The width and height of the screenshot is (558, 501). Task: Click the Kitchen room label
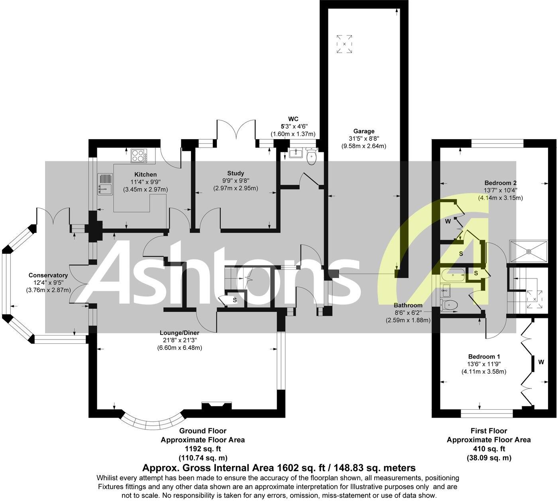145,175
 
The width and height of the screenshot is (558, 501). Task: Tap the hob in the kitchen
139,156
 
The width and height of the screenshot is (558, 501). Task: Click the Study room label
236,173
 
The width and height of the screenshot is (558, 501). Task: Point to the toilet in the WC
311,157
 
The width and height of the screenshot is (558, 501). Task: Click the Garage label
363,131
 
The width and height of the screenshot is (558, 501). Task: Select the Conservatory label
48,275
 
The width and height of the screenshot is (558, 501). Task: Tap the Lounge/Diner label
179,333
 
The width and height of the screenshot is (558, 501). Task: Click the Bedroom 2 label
500,183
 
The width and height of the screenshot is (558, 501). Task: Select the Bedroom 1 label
484,357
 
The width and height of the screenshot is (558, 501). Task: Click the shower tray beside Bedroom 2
529,251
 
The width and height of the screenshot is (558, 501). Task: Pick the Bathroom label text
408,306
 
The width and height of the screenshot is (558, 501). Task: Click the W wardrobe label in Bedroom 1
541,362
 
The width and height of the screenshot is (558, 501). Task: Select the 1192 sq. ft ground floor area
202,449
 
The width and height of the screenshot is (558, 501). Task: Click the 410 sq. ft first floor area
489,449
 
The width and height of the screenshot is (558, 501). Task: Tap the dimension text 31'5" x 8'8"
363,139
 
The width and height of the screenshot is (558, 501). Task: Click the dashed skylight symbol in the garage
344,43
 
